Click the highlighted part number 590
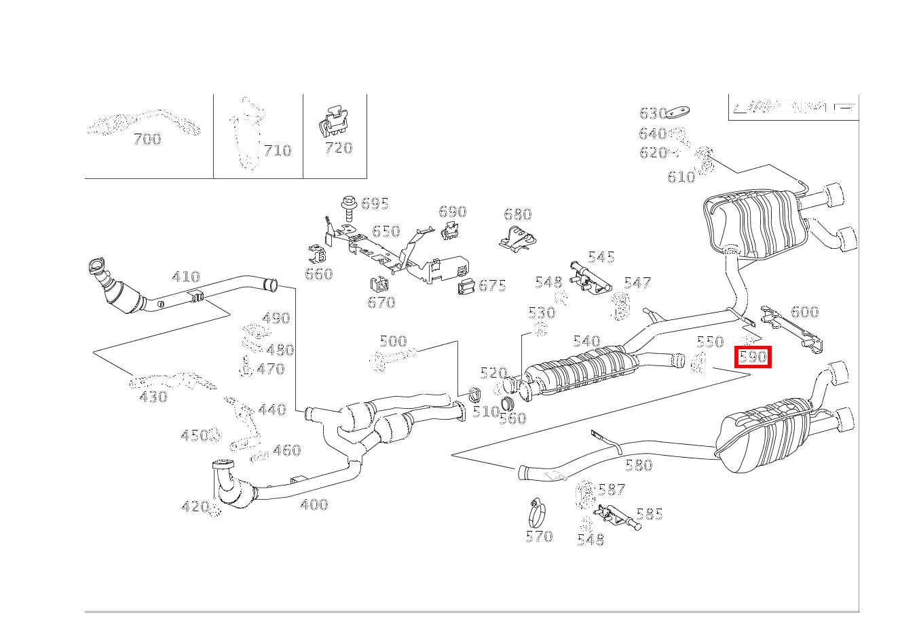(x=753, y=357)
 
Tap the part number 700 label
(x=147, y=140)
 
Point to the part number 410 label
(x=186, y=277)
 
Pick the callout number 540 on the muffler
(x=586, y=342)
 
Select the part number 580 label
(x=639, y=465)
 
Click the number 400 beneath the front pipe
(x=314, y=504)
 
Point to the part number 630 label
(x=652, y=113)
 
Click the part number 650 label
(x=386, y=231)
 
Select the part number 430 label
(x=153, y=397)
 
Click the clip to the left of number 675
(x=466, y=286)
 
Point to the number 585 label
(x=649, y=515)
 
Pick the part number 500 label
(x=393, y=341)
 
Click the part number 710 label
(x=278, y=151)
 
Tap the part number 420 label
(x=195, y=506)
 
